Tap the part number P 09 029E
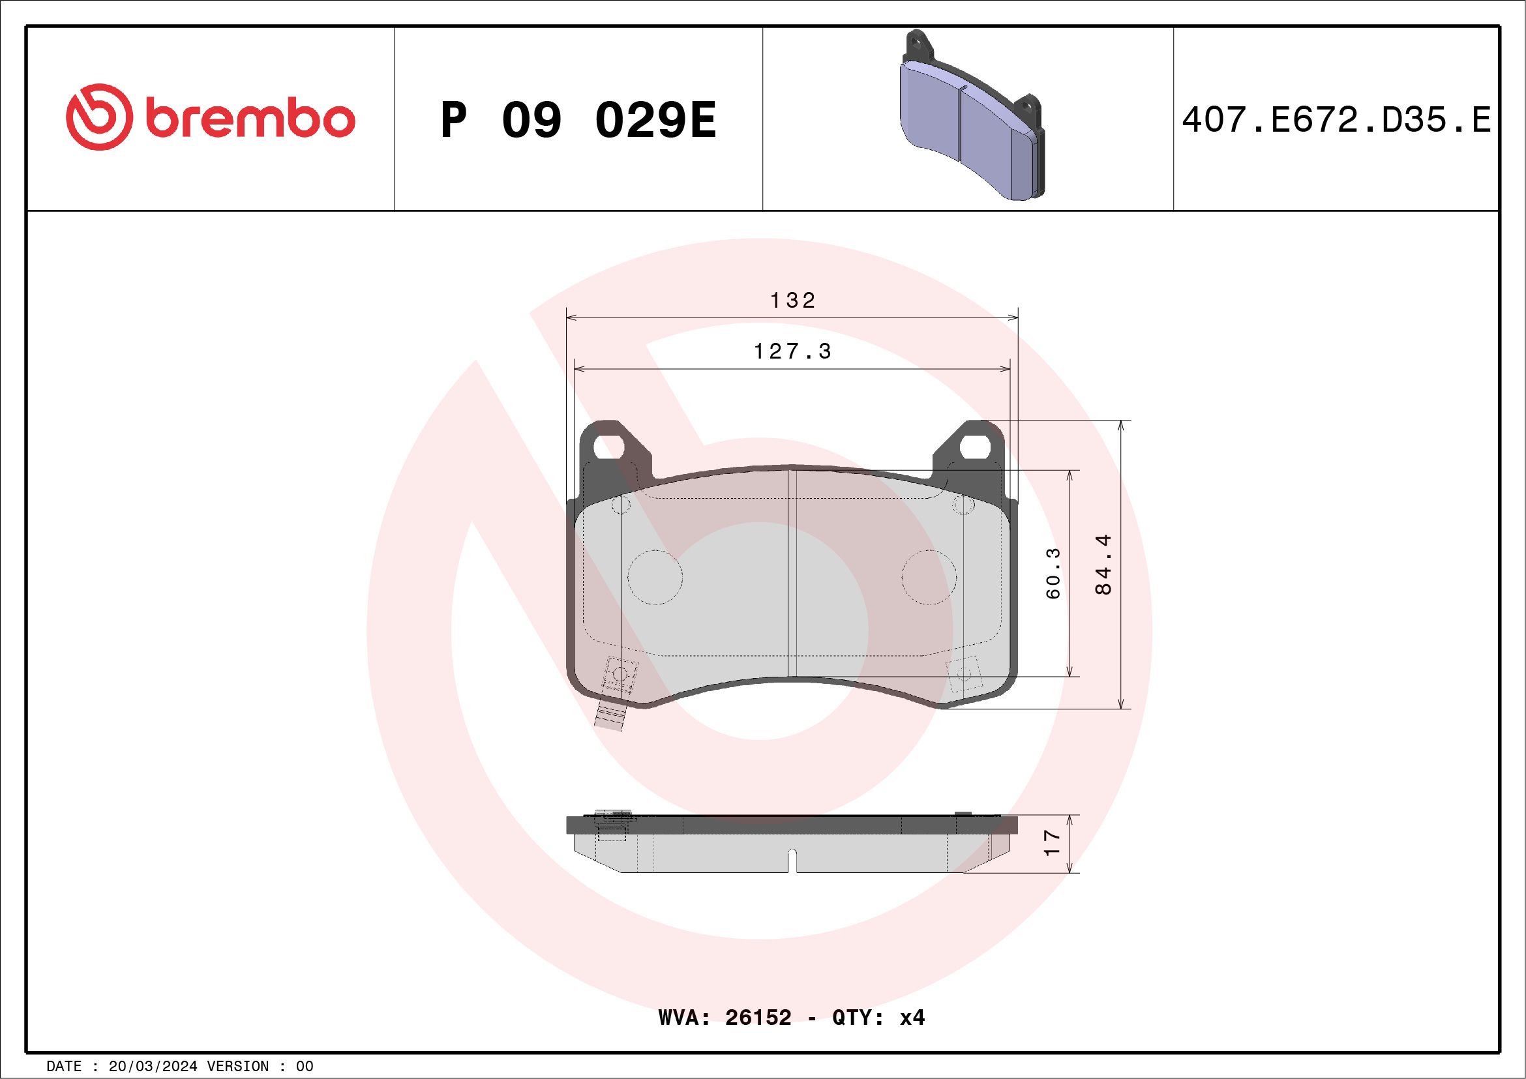point(578,121)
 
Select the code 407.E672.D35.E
point(1336,121)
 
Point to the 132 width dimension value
point(792,301)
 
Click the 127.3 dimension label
point(792,351)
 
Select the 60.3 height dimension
point(1053,573)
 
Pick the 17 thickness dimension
point(1052,843)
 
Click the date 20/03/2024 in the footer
point(153,1067)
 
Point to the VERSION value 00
point(305,1067)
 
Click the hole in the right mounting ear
point(976,447)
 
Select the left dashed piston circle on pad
point(655,577)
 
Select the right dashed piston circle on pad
point(929,577)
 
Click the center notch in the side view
point(792,861)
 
